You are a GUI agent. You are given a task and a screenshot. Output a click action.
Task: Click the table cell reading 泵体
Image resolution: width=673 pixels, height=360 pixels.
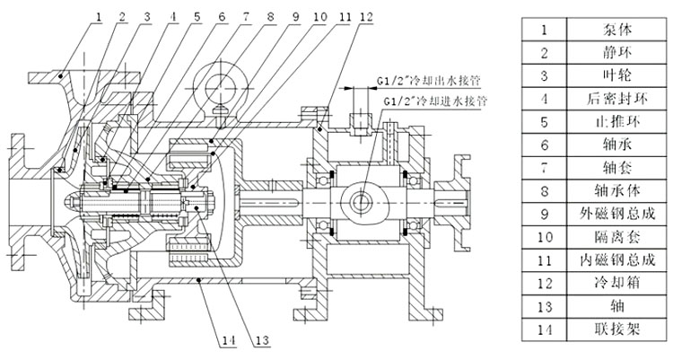coord(605,29)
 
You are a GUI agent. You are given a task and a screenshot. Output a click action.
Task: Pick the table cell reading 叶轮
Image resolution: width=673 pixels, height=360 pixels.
coord(605,75)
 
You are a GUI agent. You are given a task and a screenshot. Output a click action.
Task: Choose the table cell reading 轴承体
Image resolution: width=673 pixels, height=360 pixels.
coord(605,189)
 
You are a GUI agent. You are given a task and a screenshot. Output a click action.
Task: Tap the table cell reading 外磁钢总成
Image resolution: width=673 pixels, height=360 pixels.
coord(605,213)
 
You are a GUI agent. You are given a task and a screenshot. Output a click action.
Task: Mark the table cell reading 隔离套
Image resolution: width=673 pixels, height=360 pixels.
coord(605,236)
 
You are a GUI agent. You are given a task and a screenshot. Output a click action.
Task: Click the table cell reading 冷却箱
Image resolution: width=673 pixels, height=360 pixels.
coord(605,282)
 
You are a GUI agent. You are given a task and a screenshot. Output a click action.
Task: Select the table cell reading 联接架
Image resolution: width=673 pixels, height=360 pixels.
coord(605,329)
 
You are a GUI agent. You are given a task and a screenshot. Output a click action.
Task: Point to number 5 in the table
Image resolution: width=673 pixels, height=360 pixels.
coord(544,120)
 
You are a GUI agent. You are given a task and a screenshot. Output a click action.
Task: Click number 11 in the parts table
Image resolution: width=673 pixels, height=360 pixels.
coord(544,259)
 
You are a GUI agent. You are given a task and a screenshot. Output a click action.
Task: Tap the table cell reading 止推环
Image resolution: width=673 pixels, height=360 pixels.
coord(605,120)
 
